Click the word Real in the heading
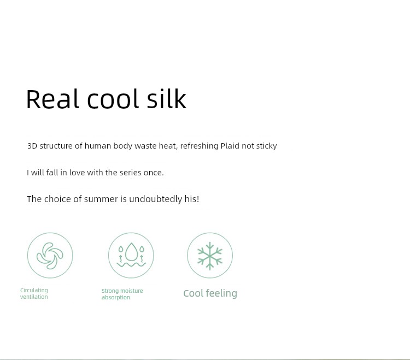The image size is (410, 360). pos(52,99)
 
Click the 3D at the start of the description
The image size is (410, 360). pos(32,146)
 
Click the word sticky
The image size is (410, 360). pos(266,146)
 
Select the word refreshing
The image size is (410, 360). pos(199,146)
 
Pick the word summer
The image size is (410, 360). pos(101,199)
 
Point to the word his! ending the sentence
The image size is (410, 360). pos(192,199)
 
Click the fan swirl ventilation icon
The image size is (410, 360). pos(50,256)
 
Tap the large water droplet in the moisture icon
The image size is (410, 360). pos(131,252)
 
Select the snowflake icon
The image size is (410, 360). pos(210,256)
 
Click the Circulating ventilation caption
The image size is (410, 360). pos(34,294)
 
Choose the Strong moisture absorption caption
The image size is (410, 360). pos(122,294)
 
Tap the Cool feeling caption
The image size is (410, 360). pos(210,293)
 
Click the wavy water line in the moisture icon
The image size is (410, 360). pos(131,264)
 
